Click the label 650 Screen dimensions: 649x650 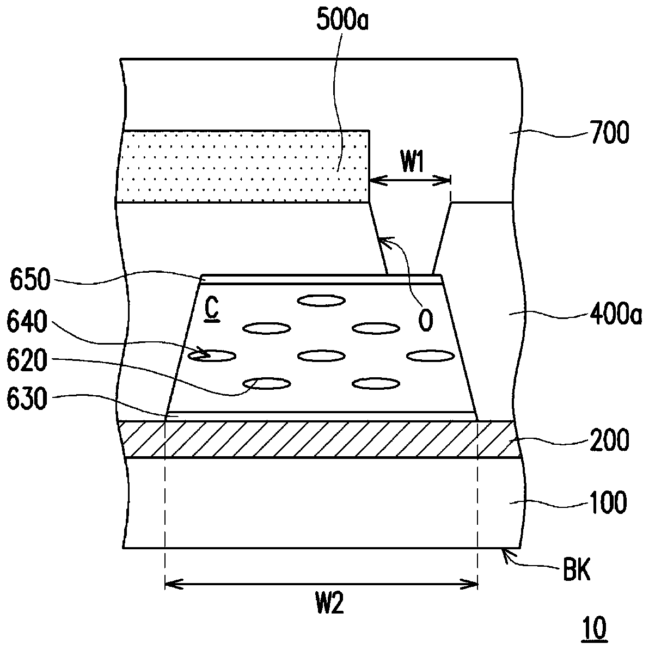pyautogui.click(x=30, y=282)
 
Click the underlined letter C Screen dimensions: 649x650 pyautogui.click(x=212, y=310)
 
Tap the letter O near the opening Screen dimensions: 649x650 pyautogui.click(x=425, y=320)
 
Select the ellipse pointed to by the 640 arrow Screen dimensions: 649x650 pyautogui.click(x=212, y=356)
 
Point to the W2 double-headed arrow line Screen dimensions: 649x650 pyautogui.click(x=321, y=585)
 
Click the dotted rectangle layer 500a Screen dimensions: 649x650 pyautogui.click(x=245, y=166)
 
